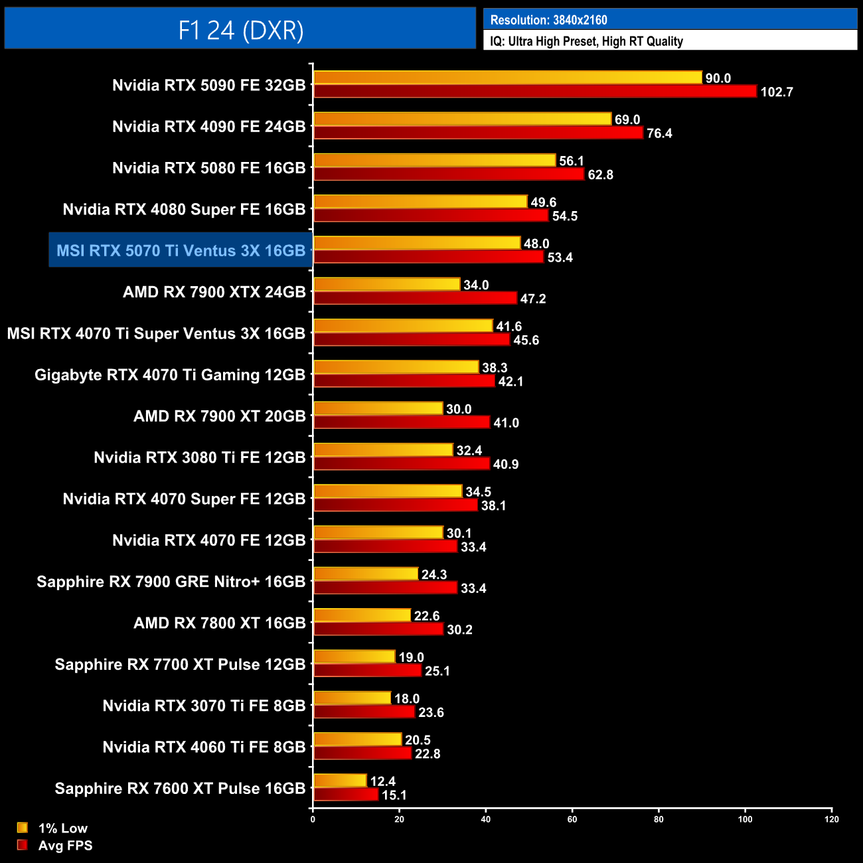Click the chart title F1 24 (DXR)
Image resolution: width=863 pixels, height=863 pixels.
tap(240, 30)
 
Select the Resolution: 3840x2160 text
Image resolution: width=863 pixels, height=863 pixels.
tap(548, 20)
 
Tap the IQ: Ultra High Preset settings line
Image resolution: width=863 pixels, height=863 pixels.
tap(586, 41)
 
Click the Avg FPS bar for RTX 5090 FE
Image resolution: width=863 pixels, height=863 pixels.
tap(534, 92)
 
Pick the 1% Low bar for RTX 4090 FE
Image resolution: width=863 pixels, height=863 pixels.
tap(462, 119)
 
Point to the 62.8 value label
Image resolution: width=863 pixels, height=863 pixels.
tap(600, 175)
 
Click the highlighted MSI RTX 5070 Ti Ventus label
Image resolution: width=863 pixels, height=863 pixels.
tap(181, 250)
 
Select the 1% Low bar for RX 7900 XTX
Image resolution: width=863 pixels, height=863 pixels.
tap(386, 285)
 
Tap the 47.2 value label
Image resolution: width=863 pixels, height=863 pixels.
tap(532, 299)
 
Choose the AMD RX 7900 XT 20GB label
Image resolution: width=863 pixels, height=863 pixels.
tap(219, 416)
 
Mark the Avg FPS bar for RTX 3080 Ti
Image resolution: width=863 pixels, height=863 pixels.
tap(401, 464)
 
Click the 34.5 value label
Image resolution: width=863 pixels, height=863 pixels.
tap(478, 492)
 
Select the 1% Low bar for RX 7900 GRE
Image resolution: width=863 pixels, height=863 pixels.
tap(365, 574)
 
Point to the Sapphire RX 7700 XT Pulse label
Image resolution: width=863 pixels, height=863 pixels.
tap(180, 665)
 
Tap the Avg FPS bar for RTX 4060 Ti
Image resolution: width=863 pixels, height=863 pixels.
tap(362, 753)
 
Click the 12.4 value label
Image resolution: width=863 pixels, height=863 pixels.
tap(382, 781)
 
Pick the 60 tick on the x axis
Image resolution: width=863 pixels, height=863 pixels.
tap(572, 819)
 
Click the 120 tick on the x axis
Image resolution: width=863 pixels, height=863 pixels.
tap(832, 819)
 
